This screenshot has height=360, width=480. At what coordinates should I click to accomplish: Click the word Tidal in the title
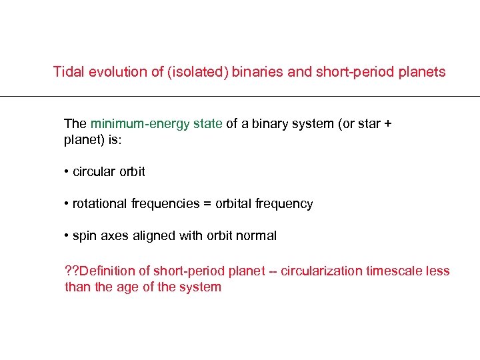[x=68, y=72]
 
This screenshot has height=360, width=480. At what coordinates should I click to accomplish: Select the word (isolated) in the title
[x=196, y=72]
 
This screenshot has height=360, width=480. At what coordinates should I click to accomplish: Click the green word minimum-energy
[x=140, y=123]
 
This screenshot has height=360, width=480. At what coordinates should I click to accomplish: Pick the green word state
[x=208, y=123]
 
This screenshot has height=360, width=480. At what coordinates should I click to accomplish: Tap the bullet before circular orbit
[x=67, y=172]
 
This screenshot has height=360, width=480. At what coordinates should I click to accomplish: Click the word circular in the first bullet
[x=94, y=172]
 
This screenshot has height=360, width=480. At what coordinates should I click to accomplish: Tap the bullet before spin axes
[x=67, y=236]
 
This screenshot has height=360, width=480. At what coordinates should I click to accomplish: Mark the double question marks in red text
[x=71, y=271]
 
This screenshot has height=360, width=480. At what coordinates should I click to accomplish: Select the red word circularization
[x=321, y=271]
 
